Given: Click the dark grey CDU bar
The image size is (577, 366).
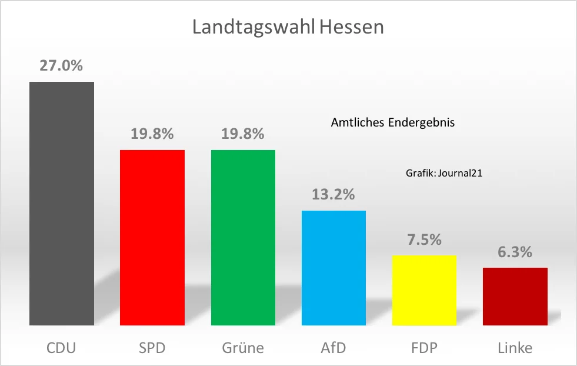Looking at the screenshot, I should [62, 203].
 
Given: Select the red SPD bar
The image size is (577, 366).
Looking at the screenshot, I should [152, 238].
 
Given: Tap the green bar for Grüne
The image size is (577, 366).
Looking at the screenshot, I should [243, 238].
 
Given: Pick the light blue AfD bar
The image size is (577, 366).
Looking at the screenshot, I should [333, 268].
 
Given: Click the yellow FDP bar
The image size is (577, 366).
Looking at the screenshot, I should [424, 290].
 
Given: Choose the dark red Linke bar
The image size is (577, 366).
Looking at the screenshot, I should [515, 297].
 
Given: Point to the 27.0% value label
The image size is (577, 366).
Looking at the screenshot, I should [61, 65].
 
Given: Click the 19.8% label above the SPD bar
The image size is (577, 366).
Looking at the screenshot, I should [152, 134].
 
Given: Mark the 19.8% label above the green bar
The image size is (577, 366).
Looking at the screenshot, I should [243, 134].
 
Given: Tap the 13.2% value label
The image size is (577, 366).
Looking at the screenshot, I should [333, 194].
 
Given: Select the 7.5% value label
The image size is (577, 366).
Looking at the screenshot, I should [424, 239].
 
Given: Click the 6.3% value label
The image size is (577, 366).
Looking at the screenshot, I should [515, 252].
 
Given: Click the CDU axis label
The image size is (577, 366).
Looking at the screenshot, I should [62, 348].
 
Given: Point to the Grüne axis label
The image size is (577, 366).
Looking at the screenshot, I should [243, 348].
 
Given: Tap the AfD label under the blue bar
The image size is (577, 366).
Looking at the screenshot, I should [333, 348].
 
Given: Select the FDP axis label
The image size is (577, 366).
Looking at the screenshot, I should [424, 348].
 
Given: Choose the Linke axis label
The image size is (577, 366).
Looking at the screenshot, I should [515, 348].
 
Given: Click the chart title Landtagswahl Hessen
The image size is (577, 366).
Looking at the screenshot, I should [288, 28].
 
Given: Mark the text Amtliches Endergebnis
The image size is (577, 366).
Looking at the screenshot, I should [393, 123].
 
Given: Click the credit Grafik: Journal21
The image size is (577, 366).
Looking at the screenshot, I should [444, 173].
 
